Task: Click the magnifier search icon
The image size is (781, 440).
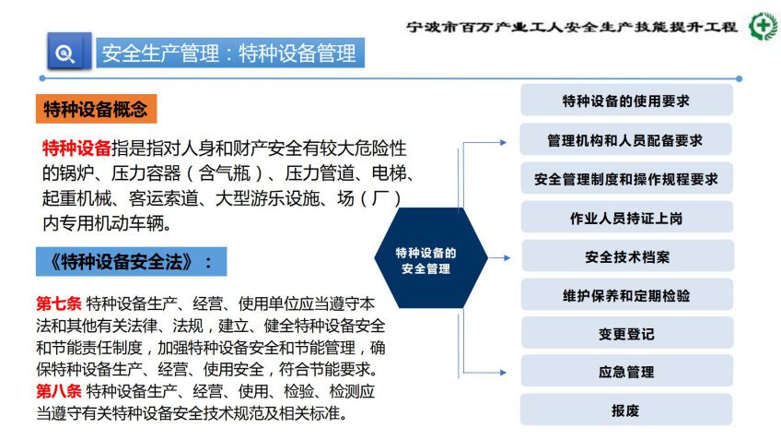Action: click(69, 51)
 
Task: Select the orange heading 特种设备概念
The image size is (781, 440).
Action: click(96, 109)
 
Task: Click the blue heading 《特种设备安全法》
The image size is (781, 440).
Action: click(131, 261)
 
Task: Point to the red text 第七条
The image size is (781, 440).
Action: click(59, 303)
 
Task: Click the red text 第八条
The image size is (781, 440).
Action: click(59, 390)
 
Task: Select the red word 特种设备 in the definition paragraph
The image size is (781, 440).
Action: click(76, 149)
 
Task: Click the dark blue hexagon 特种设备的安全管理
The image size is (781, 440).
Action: click(431, 258)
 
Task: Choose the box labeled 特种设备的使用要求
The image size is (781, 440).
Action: click(626, 101)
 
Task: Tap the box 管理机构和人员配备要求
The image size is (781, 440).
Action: click(625, 139)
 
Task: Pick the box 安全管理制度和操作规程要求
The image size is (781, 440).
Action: click(626, 179)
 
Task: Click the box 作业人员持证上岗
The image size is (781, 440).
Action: click(627, 218)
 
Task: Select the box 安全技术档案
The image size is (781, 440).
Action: click(627, 256)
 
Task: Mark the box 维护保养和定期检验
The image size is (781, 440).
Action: click(627, 295)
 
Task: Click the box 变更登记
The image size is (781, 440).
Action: click(627, 333)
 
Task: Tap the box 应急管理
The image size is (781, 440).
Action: click(627, 372)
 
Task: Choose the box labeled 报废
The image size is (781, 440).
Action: click(626, 410)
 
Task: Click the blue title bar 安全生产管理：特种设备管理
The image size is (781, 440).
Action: click(230, 53)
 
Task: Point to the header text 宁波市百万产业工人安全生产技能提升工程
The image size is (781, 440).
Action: click(572, 27)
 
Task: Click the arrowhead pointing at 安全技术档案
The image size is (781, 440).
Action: click(507, 258)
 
